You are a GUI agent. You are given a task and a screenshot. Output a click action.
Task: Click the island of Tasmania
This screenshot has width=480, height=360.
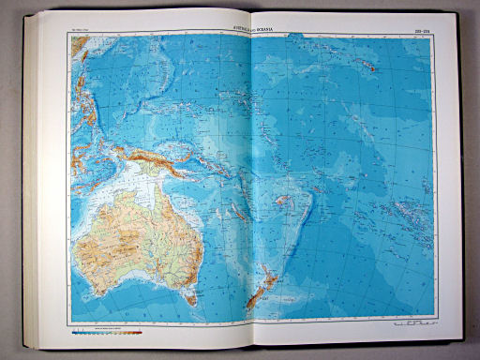point(191,298)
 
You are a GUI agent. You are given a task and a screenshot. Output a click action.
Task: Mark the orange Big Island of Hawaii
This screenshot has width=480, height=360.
point(372,67)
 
